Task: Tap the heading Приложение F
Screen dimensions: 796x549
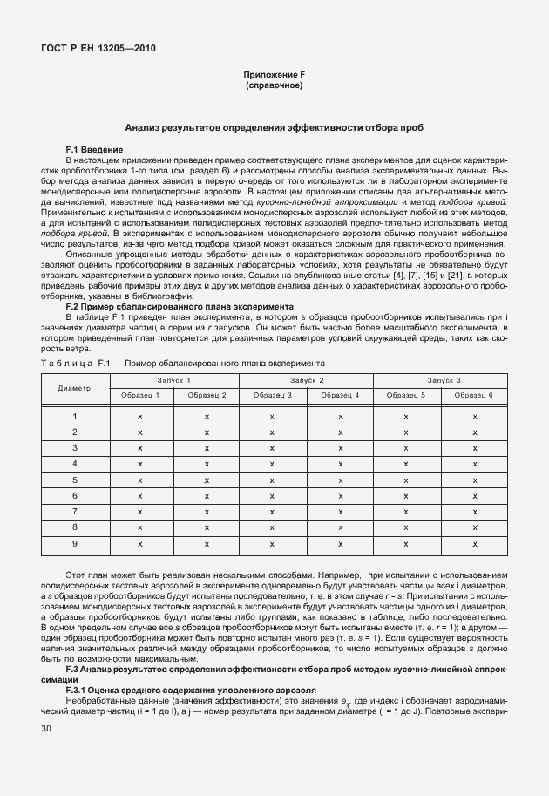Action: point(274,76)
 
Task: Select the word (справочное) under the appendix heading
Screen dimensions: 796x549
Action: point(274,86)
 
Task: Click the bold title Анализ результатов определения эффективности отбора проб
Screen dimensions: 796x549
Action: point(274,127)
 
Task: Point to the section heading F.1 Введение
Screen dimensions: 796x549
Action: point(95,150)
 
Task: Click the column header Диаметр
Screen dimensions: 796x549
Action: point(75,388)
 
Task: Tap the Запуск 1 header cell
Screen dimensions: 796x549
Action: point(173,381)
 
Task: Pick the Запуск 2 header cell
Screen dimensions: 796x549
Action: point(307,381)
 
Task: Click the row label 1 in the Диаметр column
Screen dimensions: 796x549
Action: point(75,417)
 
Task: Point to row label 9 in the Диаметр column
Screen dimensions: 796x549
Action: point(75,543)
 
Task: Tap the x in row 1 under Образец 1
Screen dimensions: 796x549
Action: point(140,417)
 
